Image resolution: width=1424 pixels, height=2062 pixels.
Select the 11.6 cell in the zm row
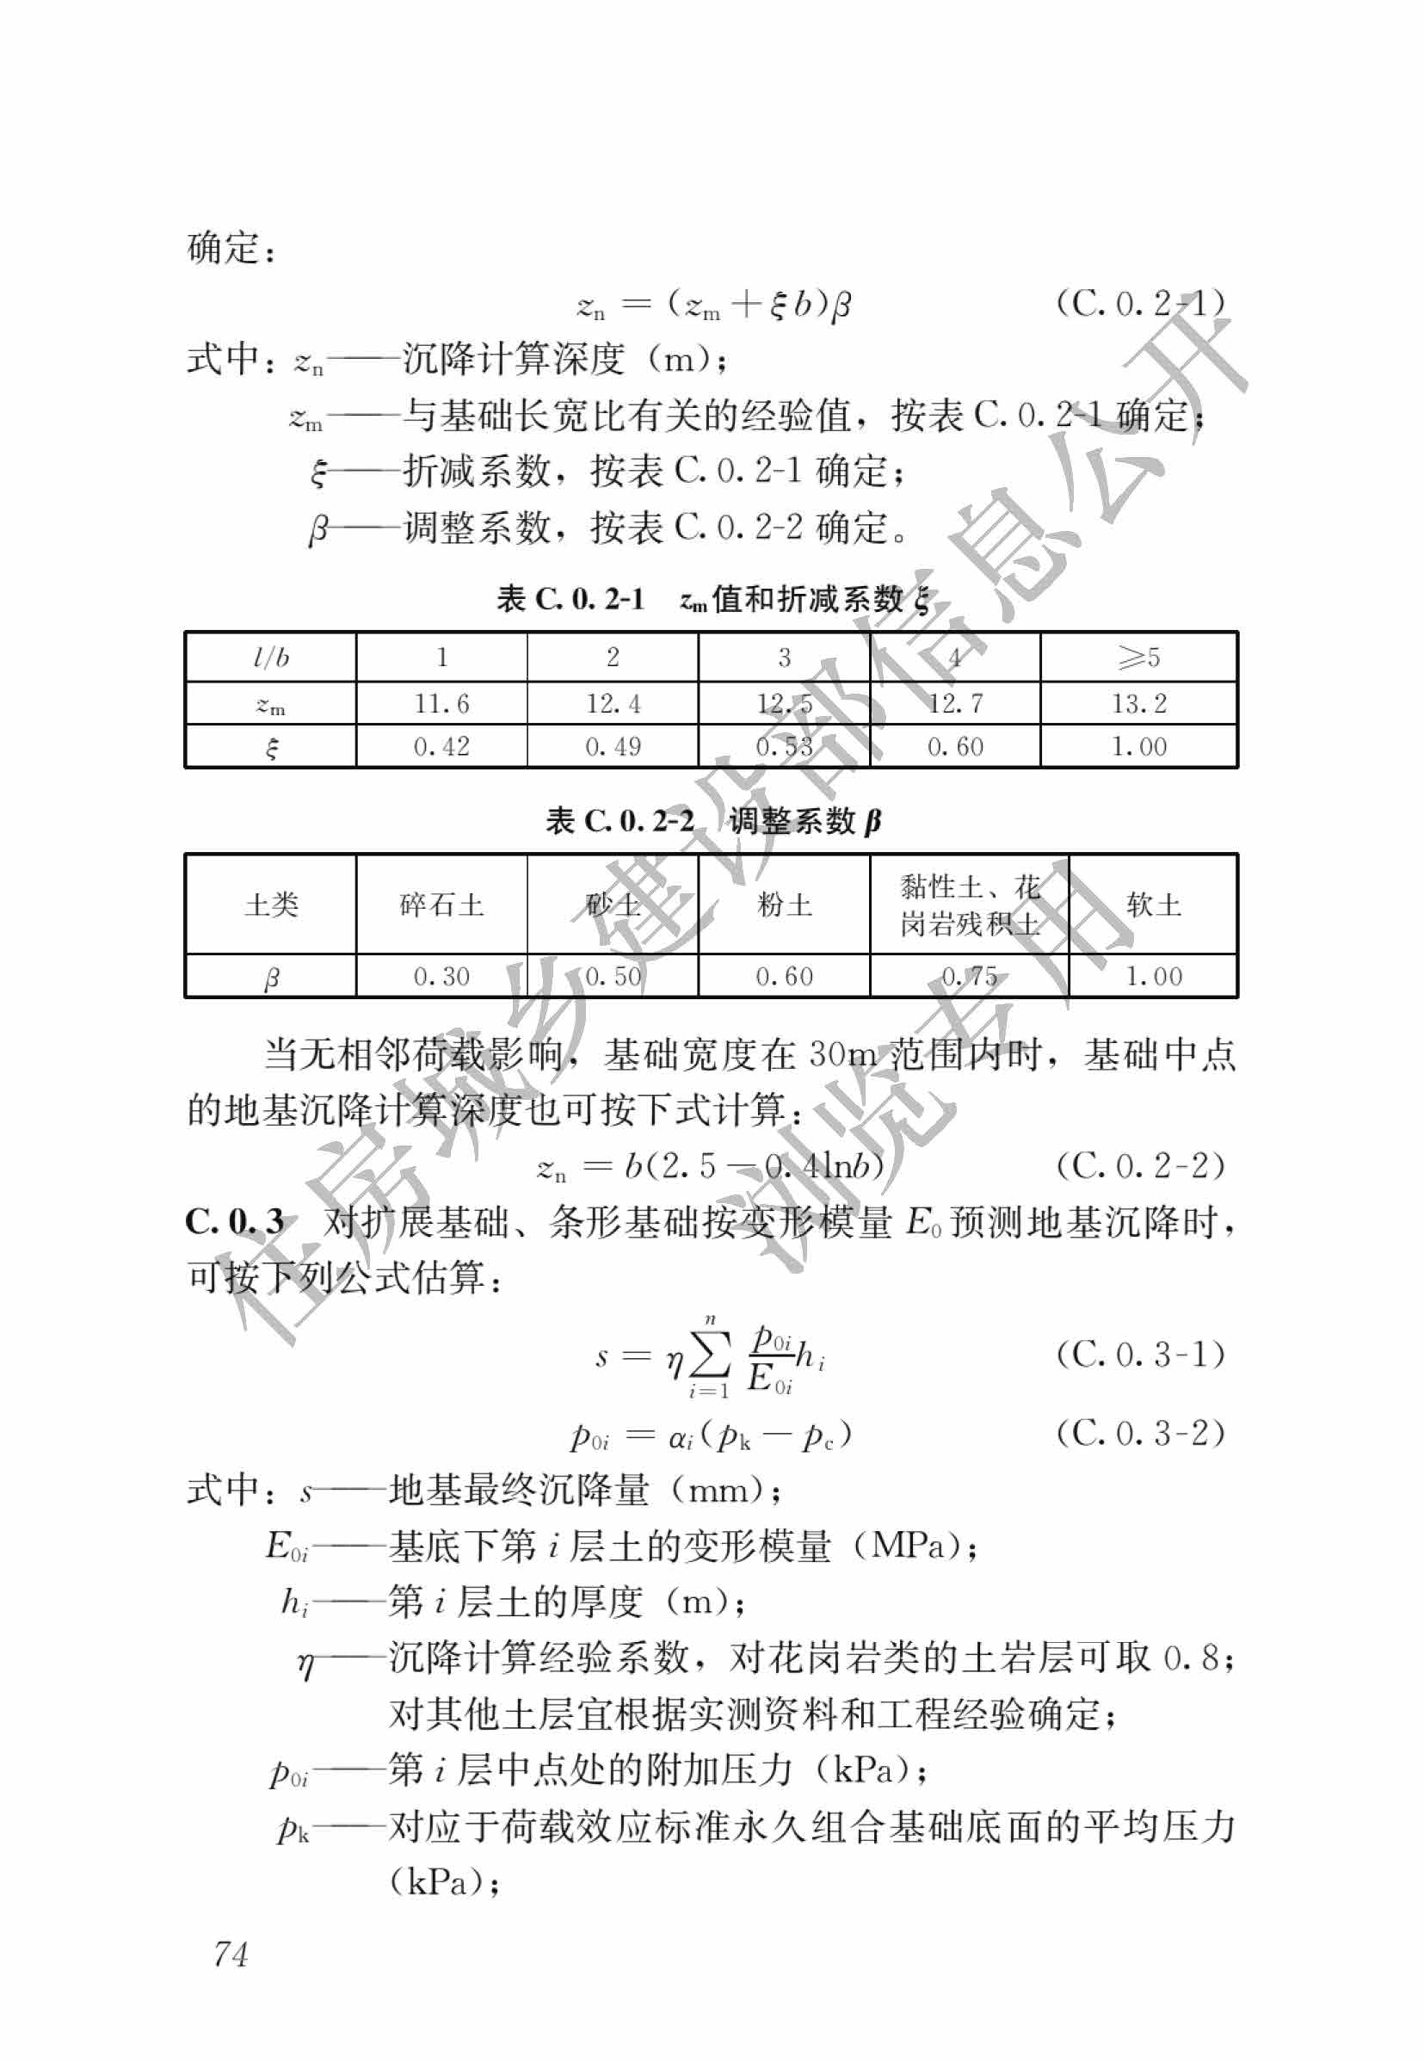pos(441,704)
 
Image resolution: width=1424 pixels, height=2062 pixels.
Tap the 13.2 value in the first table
pos(1137,704)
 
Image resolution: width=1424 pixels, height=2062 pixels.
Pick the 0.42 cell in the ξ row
pos(441,746)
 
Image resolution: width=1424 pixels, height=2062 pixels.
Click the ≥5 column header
pos(1137,657)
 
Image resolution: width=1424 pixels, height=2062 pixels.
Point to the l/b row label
pos(270,657)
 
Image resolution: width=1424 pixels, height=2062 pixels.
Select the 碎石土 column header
pos(441,904)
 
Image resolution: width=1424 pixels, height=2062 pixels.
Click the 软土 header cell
pos(1153,904)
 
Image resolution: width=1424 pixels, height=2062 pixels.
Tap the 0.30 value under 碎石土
pos(441,976)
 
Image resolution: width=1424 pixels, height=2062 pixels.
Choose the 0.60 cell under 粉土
pos(783,976)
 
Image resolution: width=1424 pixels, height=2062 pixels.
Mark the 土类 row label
pos(270,904)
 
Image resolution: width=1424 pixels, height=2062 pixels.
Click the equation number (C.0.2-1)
pos(1139,304)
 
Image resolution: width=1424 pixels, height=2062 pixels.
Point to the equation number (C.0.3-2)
pos(1139,1433)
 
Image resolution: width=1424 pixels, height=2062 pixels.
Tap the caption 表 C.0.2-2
pos(620,821)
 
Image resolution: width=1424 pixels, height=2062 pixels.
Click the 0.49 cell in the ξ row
pos(612,746)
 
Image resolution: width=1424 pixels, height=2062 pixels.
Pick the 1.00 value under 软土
pos(1153,976)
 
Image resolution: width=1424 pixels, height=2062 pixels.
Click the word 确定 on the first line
pos(223,248)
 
